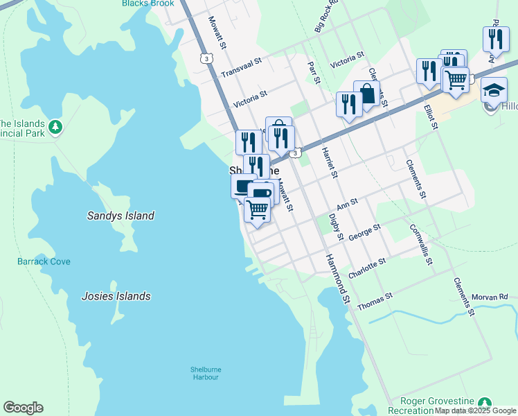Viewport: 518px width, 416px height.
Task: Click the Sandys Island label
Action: [120, 216]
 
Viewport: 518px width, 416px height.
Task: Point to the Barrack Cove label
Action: [44, 261]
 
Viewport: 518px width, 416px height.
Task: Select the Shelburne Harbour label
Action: [204, 373]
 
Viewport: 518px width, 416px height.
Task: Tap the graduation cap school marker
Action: [494, 91]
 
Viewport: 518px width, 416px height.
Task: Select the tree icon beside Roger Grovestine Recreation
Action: [485, 403]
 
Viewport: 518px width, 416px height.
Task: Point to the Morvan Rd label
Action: [489, 297]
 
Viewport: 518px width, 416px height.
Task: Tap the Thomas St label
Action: [375, 301]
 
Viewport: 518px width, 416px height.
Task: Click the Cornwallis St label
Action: [421, 244]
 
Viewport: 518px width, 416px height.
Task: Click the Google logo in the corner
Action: [23, 408]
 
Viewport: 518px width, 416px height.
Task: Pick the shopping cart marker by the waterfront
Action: [258, 209]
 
